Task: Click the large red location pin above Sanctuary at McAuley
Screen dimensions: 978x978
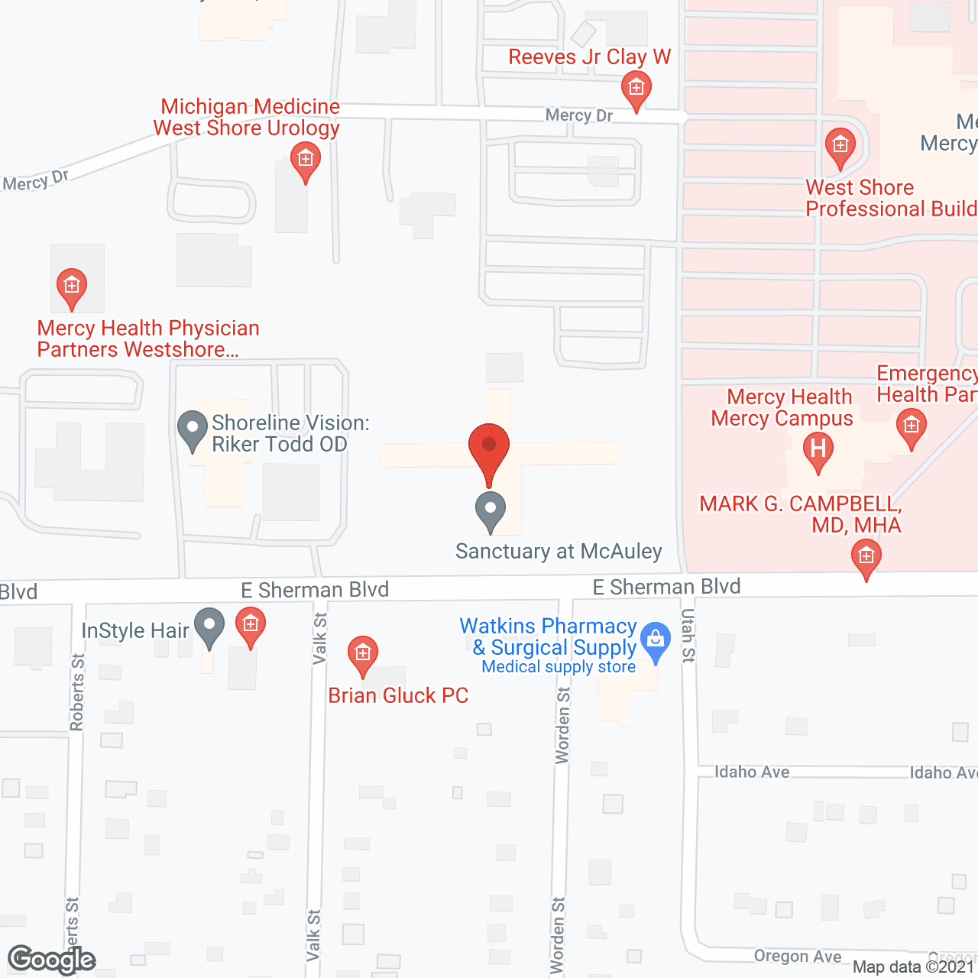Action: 489,451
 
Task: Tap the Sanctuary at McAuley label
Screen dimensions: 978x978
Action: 559,551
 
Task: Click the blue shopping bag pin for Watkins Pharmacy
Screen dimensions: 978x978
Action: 655,641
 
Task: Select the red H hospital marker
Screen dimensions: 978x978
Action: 818,450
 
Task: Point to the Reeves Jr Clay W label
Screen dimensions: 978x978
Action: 589,57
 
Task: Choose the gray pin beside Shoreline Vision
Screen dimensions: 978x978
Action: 193,429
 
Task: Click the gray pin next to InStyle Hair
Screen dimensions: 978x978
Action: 209,627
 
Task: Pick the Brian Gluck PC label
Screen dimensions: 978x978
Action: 398,695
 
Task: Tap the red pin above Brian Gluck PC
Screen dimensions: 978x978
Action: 363,656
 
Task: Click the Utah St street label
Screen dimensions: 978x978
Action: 688,635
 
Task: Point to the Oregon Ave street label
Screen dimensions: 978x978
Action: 797,957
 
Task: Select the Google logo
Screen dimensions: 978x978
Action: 51,960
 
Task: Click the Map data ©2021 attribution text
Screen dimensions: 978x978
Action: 913,967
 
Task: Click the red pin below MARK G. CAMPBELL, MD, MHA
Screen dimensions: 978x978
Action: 866,559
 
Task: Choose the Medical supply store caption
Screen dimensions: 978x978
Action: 559,667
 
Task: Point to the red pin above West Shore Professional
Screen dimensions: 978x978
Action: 840,147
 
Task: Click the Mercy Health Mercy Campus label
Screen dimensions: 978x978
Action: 782,407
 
